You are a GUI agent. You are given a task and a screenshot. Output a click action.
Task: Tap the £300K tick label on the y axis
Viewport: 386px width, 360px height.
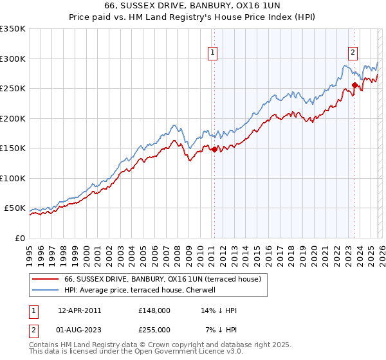13,59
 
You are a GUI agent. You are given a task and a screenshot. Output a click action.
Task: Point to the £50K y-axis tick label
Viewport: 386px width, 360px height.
15,208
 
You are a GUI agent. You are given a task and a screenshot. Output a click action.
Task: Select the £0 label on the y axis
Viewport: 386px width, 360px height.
21,239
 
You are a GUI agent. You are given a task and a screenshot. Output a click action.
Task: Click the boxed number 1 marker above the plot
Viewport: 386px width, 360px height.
212,53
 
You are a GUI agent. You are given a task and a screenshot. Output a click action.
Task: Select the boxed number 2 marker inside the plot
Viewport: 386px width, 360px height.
353,53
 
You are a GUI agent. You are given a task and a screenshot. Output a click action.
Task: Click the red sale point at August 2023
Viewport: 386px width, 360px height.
354,85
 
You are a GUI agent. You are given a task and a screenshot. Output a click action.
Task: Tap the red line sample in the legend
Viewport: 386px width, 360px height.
45,279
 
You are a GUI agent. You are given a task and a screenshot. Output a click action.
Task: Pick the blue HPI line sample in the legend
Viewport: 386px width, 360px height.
45,290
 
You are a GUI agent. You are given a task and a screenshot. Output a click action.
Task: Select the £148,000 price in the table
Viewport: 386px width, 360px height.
154,310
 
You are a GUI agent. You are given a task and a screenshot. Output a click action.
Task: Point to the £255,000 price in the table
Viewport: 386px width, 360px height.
154,329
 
